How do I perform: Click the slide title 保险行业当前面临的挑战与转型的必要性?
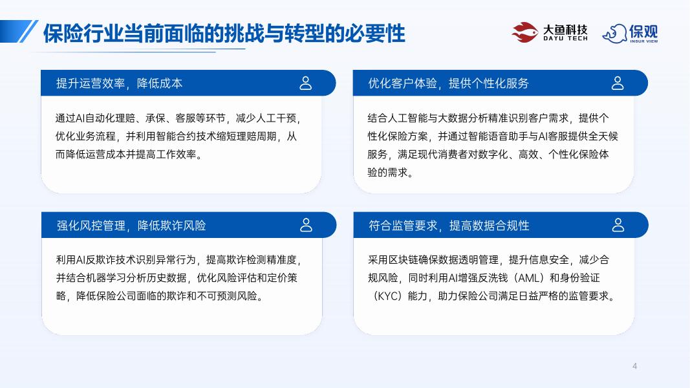tap(224, 32)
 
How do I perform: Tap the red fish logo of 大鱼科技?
tap(524, 32)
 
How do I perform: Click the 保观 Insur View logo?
tap(630, 33)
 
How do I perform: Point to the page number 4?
tap(634, 367)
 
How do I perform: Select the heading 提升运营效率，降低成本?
tap(120, 83)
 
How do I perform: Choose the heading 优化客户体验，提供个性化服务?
tap(448, 83)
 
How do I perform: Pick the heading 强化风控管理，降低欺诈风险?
tap(131, 226)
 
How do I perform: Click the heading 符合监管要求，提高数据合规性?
tap(449, 226)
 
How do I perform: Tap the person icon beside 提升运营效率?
tap(306, 83)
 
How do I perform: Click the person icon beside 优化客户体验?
tap(618, 83)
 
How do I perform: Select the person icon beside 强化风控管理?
tap(306, 225)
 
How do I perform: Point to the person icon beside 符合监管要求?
tap(618, 225)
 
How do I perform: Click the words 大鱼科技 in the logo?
tap(565, 29)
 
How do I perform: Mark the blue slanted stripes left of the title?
tap(26, 32)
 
